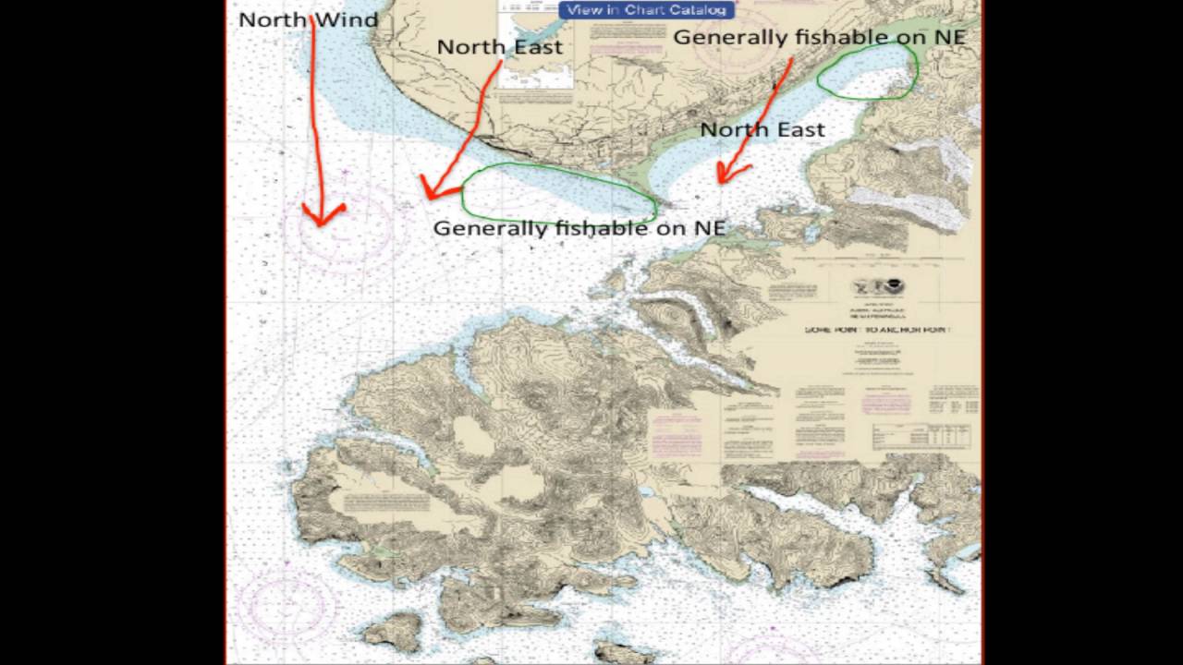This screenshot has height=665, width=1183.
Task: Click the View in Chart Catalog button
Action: point(647,10)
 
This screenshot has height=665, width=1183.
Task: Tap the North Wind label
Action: point(308,19)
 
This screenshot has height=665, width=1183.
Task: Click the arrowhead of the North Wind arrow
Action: point(322,218)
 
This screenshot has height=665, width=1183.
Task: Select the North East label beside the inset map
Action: point(499,47)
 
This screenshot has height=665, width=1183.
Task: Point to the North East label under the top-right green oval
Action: point(762,130)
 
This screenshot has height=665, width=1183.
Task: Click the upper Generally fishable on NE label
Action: point(819,37)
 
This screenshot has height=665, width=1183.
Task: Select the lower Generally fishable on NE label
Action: point(579,228)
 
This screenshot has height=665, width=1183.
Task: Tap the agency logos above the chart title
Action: point(877,287)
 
